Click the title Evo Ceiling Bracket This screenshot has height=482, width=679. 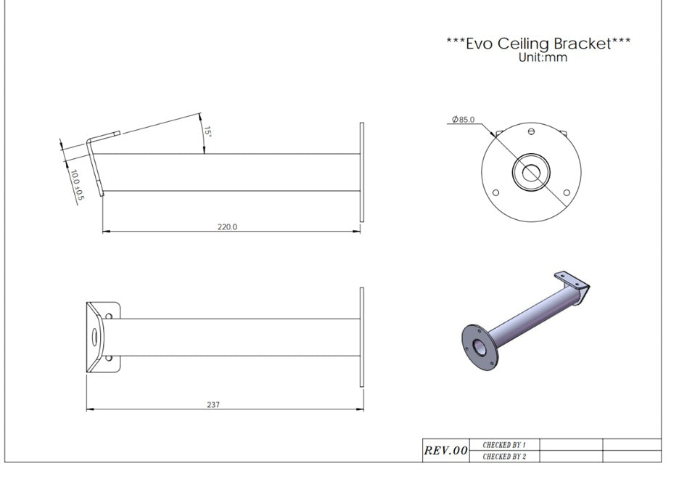click(538, 44)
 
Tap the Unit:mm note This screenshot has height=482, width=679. click(543, 57)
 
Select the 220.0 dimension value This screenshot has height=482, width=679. click(227, 226)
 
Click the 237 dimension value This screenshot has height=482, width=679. click(213, 404)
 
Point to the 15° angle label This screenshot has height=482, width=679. click(207, 132)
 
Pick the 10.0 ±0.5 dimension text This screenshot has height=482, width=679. click(76, 185)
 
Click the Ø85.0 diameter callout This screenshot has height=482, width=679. click(463, 119)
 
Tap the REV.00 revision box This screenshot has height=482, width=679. click(445, 450)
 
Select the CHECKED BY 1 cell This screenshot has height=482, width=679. click(504, 445)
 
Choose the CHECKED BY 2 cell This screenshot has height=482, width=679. click(504, 457)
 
